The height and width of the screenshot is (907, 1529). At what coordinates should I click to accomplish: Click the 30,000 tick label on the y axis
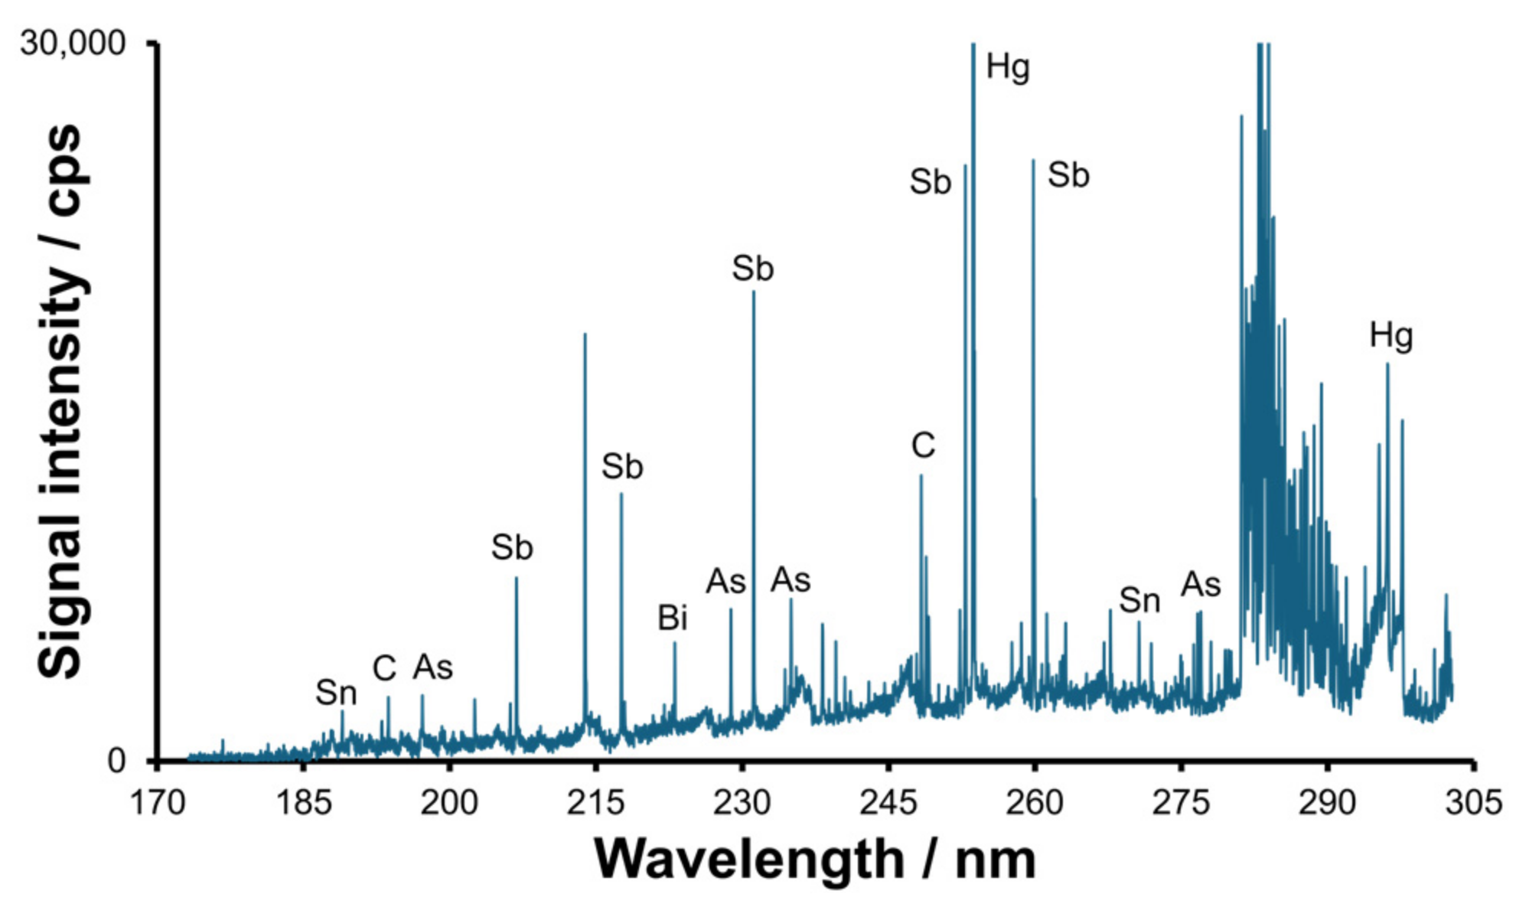[x=72, y=44]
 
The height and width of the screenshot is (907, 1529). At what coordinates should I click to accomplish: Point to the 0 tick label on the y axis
[x=116, y=761]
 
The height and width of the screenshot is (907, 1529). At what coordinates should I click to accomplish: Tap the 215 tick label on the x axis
[x=595, y=803]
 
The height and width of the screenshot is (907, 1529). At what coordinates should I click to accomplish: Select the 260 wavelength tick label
[x=1034, y=803]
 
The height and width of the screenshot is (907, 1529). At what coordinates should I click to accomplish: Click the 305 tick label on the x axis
[x=1473, y=803]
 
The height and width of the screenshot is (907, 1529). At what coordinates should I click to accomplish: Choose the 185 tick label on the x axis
[x=302, y=803]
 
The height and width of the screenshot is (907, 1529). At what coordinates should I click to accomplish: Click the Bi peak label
[x=672, y=618]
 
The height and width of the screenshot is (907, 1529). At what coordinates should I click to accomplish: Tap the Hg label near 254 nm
[x=1007, y=67]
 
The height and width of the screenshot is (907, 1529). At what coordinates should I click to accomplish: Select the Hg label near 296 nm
[x=1390, y=335]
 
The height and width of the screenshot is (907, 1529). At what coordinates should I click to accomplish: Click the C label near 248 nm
[x=922, y=445]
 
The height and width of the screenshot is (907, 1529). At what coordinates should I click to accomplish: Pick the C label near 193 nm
[x=384, y=669]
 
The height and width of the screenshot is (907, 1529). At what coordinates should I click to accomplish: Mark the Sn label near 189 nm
[x=336, y=693]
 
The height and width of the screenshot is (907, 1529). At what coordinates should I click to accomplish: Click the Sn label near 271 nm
[x=1139, y=601]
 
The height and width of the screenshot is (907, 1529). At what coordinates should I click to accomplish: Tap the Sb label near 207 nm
[x=511, y=548]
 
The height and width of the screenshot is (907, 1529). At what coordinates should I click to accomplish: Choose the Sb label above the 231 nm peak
[x=752, y=269]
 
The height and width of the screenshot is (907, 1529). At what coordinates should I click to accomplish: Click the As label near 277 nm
[x=1200, y=586]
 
